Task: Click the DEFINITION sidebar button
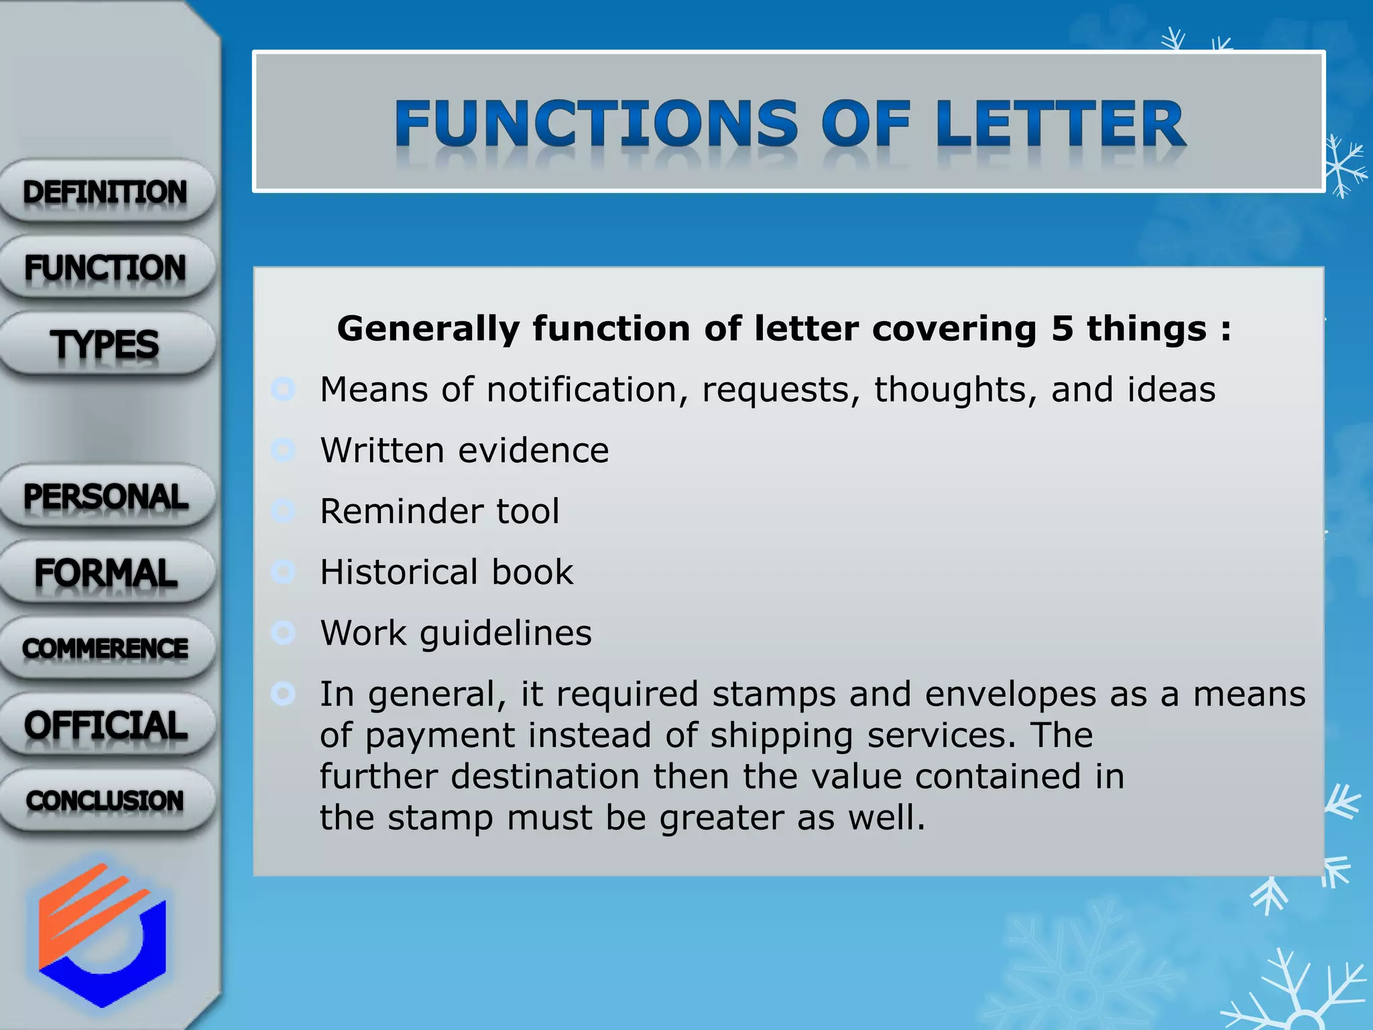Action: click(x=106, y=192)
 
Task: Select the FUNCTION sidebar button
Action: click(x=106, y=268)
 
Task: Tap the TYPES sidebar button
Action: click(x=106, y=344)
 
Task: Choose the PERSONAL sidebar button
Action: click(x=106, y=497)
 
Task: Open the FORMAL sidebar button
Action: click(x=106, y=573)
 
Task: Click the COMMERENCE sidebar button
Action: click(x=106, y=648)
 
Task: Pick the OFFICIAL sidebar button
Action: click(x=106, y=725)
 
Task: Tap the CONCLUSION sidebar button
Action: click(x=106, y=801)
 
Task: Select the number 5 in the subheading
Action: click(x=1062, y=329)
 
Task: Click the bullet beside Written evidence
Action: click(x=284, y=450)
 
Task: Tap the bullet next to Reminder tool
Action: click(x=284, y=511)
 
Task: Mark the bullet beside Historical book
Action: click(x=284, y=572)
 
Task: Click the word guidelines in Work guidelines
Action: click(x=505, y=634)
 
